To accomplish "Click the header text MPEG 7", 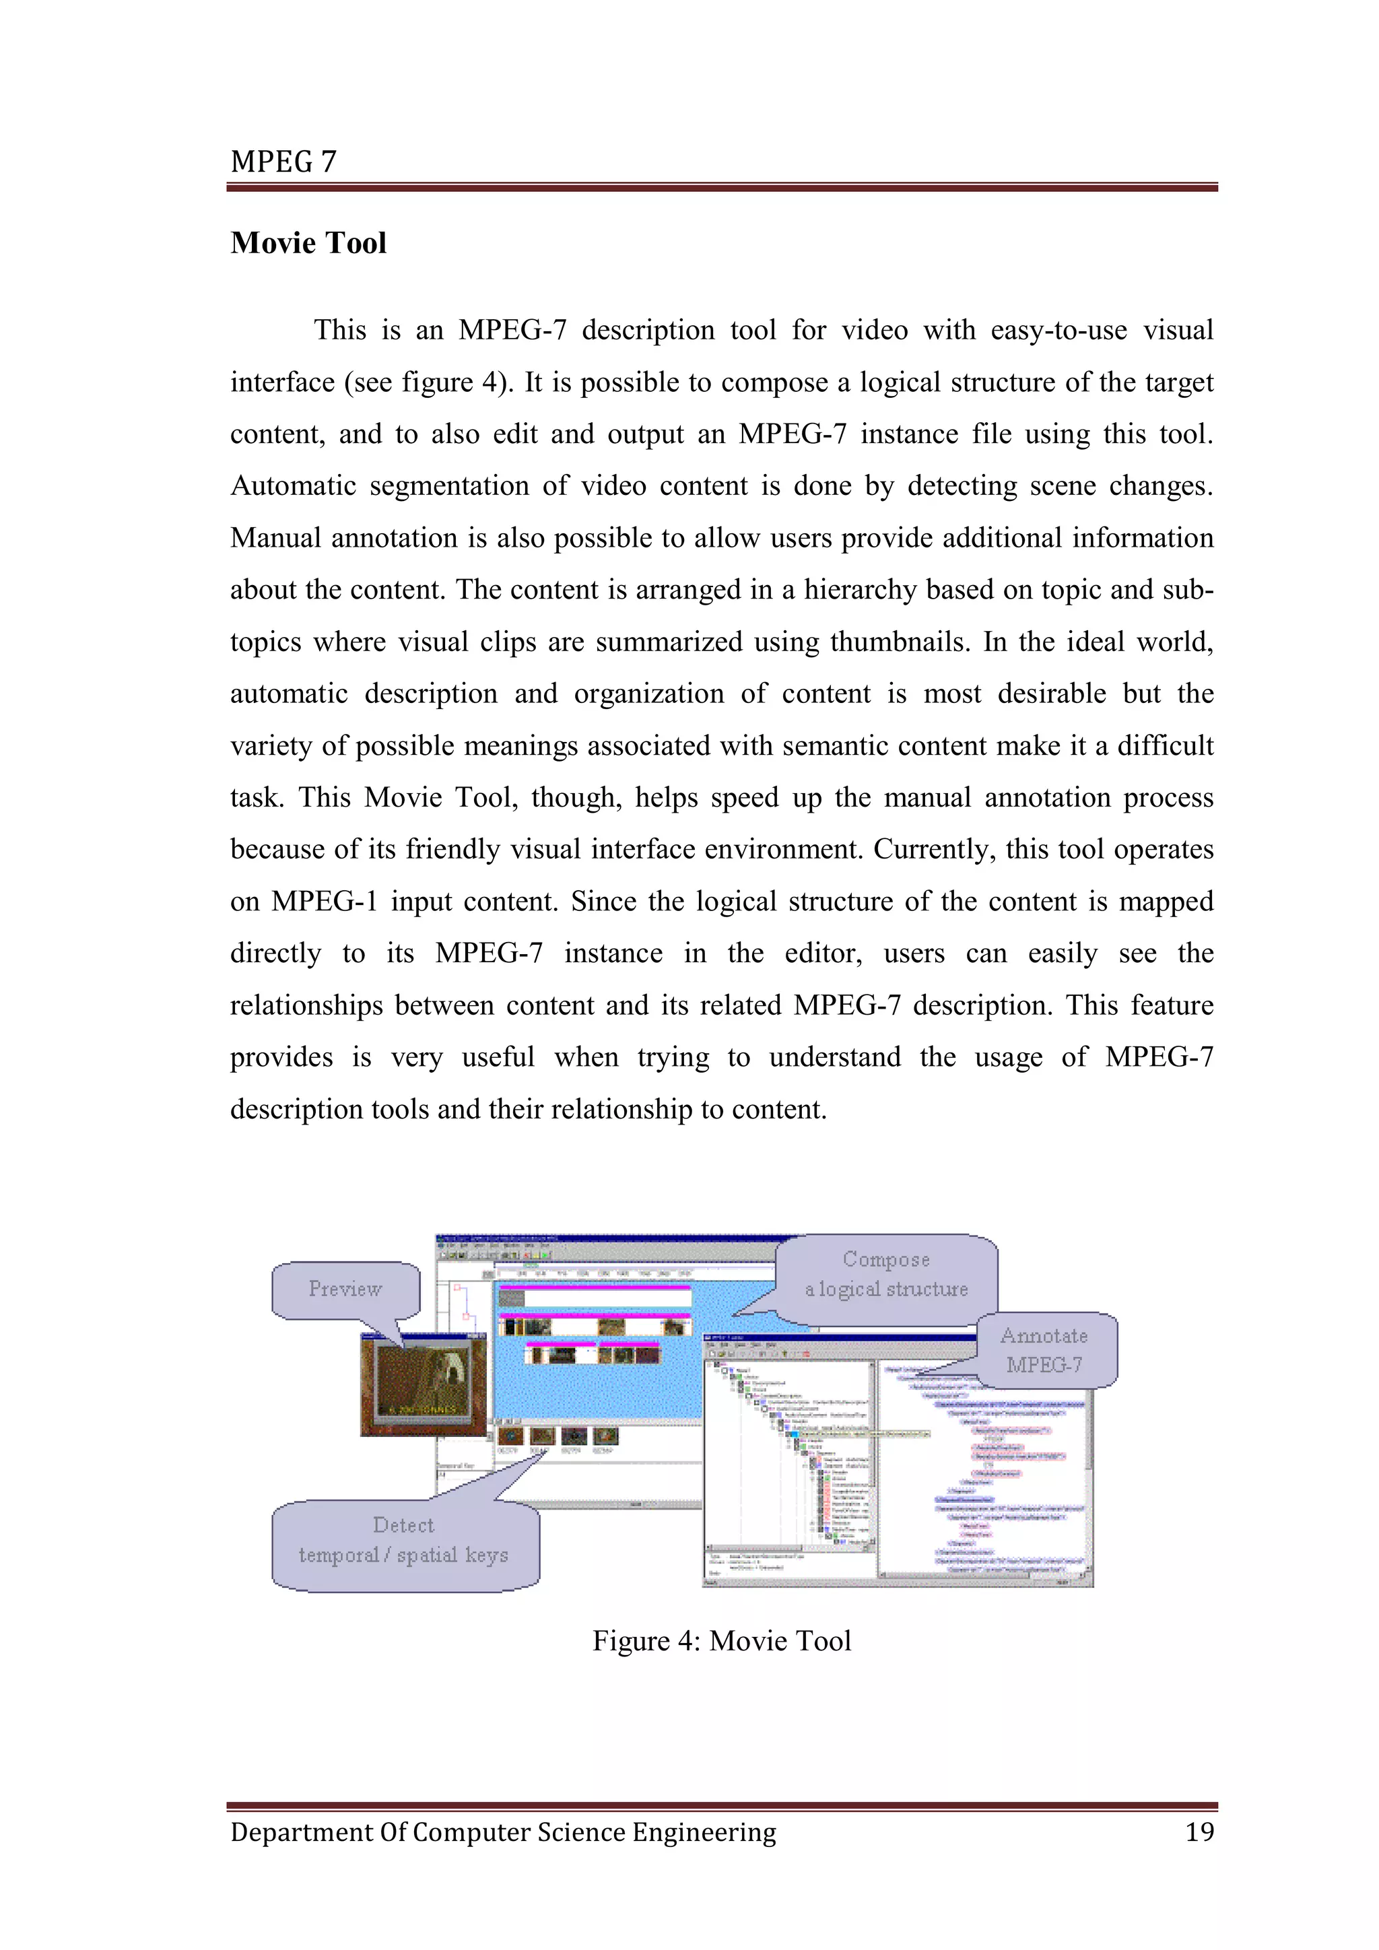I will point(283,162).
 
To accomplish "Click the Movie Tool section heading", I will point(308,243).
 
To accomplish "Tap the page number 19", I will point(1199,1832).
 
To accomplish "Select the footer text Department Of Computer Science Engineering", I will point(503,1832).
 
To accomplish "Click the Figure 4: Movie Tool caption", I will point(721,1640).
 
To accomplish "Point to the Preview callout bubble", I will point(345,1289).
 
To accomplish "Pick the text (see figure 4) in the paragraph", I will point(429,382).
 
